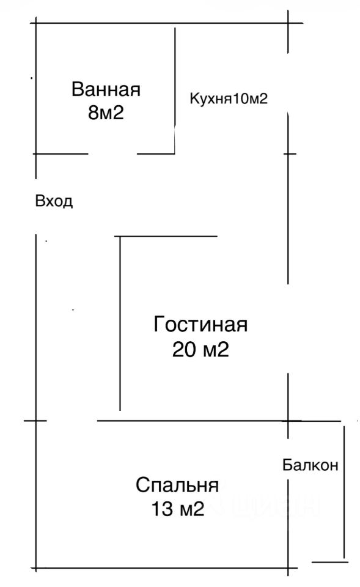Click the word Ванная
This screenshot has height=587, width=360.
(106, 89)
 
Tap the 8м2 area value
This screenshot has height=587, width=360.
(106, 113)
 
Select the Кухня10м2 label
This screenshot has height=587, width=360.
(229, 99)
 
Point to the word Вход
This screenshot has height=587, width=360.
(54, 201)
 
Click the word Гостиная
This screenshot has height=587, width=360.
(200, 324)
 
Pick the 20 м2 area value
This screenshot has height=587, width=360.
(200, 350)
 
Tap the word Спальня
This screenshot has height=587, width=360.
(177, 485)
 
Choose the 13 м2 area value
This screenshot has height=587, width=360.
(178, 509)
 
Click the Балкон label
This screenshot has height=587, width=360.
(310, 465)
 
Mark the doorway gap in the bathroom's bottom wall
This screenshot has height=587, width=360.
(112, 153)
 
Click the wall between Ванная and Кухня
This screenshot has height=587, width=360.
(175, 90)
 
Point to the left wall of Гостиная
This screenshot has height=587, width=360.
(120, 323)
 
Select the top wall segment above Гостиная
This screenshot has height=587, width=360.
(166, 236)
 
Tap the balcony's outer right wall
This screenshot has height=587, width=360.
(344, 492)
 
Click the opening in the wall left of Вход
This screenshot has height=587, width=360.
(36, 206)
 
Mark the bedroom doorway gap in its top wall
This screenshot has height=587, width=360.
(72, 421)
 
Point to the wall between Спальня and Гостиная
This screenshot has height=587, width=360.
(199, 421)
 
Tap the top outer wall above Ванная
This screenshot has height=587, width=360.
(166, 23)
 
